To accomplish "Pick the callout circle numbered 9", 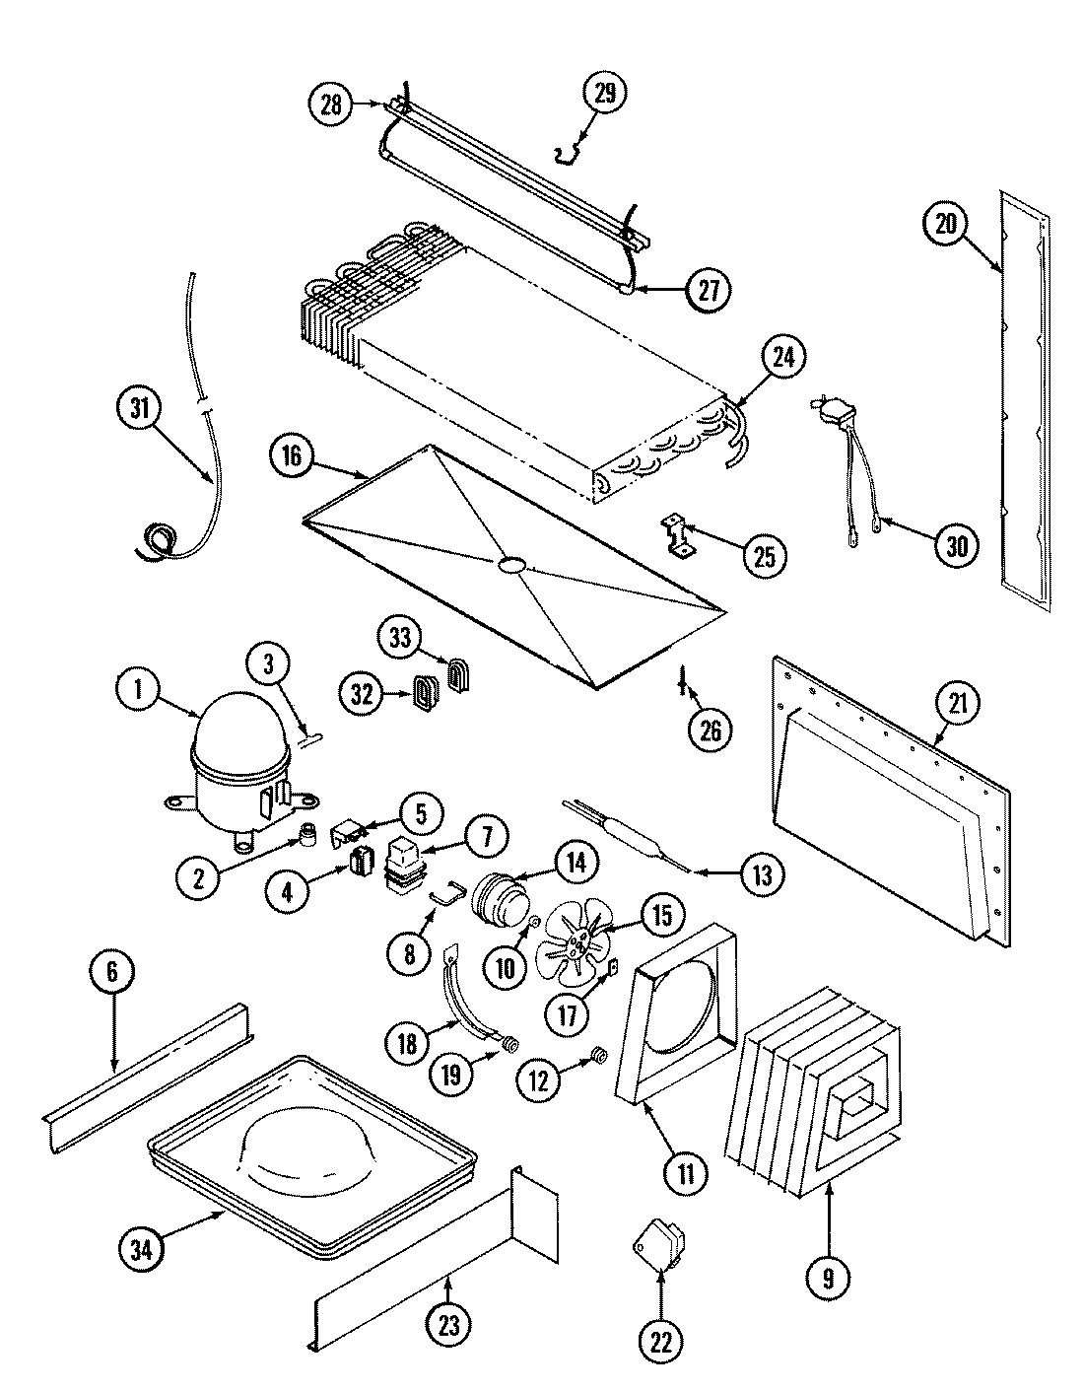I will point(828,1278).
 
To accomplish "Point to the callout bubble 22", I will point(660,1340).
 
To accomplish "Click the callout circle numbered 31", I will point(139,407).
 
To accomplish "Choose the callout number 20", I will point(946,225).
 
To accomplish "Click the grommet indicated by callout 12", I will point(597,1060).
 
